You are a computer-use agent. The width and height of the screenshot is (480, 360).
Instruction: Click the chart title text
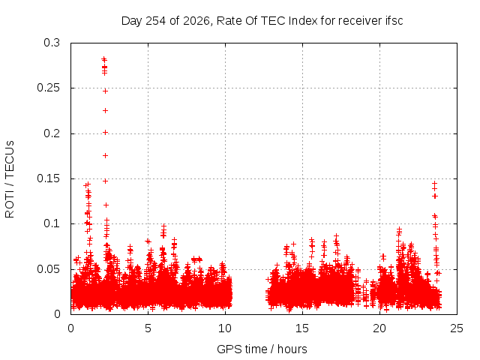click(x=262, y=21)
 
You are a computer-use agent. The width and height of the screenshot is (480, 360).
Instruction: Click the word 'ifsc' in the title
click(x=394, y=21)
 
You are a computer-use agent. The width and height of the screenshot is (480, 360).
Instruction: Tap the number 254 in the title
click(x=156, y=21)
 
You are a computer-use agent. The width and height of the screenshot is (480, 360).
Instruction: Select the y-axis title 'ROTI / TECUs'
click(x=10, y=179)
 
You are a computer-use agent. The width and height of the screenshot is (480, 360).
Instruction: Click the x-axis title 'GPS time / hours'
click(x=262, y=349)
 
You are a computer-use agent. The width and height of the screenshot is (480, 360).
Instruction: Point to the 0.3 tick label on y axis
click(x=52, y=43)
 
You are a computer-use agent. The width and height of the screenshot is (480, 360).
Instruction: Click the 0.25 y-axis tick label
click(x=48, y=88)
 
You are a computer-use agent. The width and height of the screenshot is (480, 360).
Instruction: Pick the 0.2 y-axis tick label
click(x=52, y=133)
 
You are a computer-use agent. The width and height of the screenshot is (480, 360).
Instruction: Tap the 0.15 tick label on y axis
click(x=48, y=178)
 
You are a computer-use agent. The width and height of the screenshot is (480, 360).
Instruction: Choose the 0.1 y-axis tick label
click(x=52, y=223)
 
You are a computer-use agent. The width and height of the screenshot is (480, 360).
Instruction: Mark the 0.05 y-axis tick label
click(x=48, y=269)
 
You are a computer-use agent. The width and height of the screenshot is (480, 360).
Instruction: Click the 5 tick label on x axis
click(x=148, y=328)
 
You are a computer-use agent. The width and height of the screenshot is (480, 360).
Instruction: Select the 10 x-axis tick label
click(x=225, y=328)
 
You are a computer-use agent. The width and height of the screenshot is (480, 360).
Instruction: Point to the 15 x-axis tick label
click(x=302, y=328)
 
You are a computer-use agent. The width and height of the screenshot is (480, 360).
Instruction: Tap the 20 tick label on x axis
click(x=379, y=328)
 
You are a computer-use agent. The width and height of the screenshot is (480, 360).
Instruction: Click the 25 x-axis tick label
click(x=457, y=328)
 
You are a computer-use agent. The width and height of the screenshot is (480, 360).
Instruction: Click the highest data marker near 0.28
click(x=103, y=58)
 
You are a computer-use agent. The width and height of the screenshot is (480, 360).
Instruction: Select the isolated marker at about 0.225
click(x=105, y=110)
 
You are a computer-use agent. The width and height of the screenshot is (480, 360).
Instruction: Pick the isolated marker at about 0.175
click(x=105, y=156)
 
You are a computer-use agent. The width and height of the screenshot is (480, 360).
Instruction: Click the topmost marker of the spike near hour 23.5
click(x=434, y=183)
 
